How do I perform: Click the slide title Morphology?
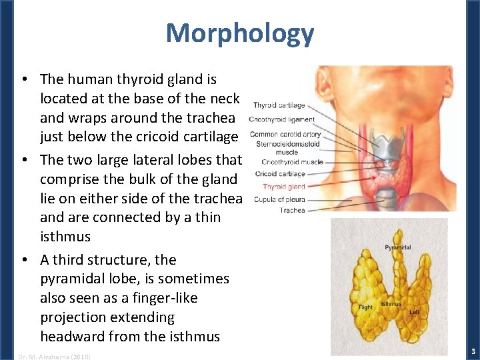pyautogui.click(x=239, y=33)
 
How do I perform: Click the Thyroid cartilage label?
pyautogui.click(x=279, y=105)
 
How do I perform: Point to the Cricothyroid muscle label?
pyautogui.click(x=292, y=161)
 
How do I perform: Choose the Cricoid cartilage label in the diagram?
pyautogui.click(x=280, y=174)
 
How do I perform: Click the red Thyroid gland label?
pyautogui.click(x=283, y=187)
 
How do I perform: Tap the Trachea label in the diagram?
pyautogui.click(x=292, y=211)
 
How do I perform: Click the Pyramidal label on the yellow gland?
pyautogui.click(x=398, y=247)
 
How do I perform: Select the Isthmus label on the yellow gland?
pyautogui.click(x=391, y=304)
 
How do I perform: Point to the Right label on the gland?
pyautogui.click(x=365, y=307)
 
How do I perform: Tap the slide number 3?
pyautogui.click(x=473, y=351)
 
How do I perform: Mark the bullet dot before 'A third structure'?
pyautogui.click(x=25, y=260)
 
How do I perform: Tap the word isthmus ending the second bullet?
pyautogui.click(x=65, y=237)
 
